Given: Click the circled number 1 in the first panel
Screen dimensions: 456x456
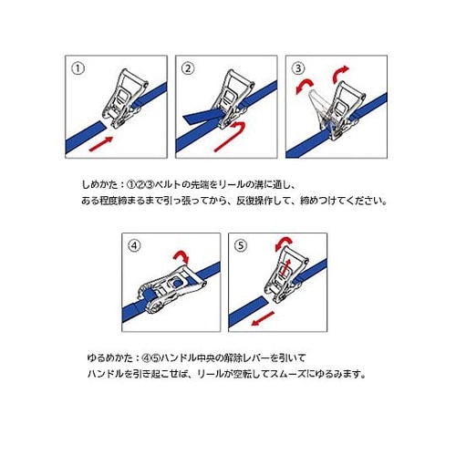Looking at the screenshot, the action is [78, 68].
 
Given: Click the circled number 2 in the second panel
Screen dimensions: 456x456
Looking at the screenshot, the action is [188, 68].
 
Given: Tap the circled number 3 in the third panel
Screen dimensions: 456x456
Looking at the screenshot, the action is [298, 68].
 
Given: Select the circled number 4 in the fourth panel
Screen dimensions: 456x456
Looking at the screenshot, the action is [134, 245].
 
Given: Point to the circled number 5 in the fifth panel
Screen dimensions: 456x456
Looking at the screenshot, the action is [241, 245].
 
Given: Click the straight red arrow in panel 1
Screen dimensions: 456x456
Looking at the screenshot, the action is [101, 143].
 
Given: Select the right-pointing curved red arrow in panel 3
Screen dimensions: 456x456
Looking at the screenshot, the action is [338, 73].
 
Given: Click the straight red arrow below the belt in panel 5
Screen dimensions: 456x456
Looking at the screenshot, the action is [263, 319].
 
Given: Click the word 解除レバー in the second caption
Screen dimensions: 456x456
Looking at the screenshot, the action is [246, 358].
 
